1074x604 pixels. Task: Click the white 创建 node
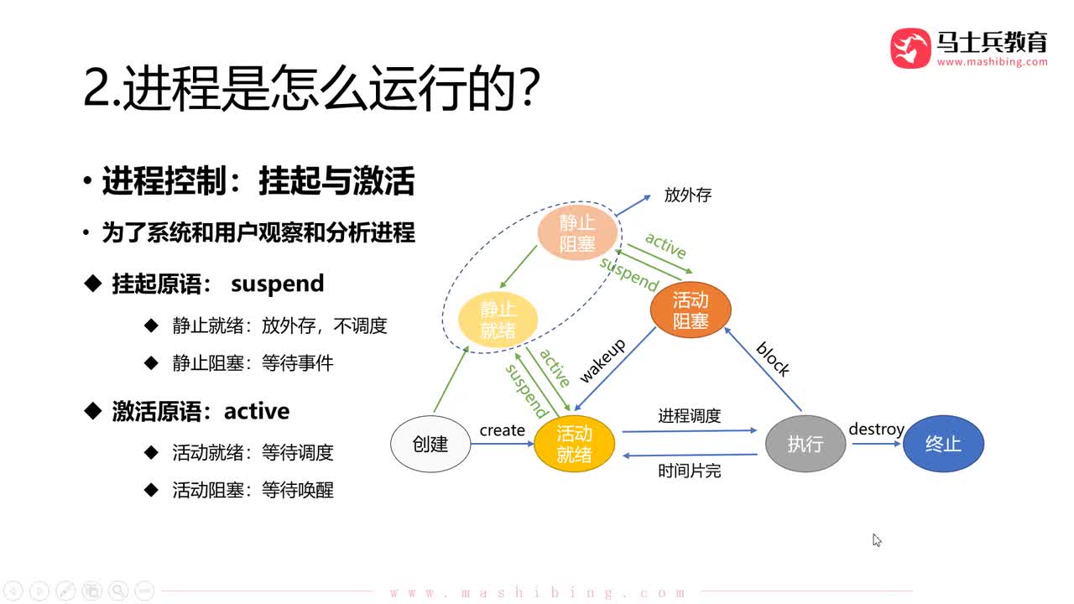pyautogui.click(x=430, y=444)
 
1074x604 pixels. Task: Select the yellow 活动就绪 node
pyautogui.click(x=575, y=444)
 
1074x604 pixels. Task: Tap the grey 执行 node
pyautogui.click(x=805, y=444)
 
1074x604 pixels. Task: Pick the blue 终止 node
pyautogui.click(x=943, y=444)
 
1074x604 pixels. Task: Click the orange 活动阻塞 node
pyautogui.click(x=691, y=310)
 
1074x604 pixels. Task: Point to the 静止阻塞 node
pyautogui.click(x=577, y=233)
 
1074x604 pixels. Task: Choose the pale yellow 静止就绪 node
pyautogui.click(x=498, y=320)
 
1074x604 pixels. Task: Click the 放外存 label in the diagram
pyautogui.click(x=687, y=195)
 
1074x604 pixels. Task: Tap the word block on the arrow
pyautogui.click(x=773, y=359)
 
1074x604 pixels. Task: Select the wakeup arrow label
pyautogui.click(x=602, y=362)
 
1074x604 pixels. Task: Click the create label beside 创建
pyautogui.click(x=502, y=430)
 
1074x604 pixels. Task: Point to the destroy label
pyautogui.click(x=876, y=430)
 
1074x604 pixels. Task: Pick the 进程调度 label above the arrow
pyautogui.click(x=689, y=415)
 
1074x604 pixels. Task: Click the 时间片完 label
pyautogui.click(x=689, y=471)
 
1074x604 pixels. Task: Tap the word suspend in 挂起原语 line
pyautogui.click(x=277, y=284)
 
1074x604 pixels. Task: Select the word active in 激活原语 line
pyautogui.click(x=257, y=411)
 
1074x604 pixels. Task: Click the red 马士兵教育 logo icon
pyautogui.click(x=910, y=48)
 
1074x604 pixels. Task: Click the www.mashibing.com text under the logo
pyautogui.click(x=992, y=62)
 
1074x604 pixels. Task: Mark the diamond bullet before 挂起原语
pyautogui.click(x=93, y=284)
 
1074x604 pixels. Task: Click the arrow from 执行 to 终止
pyautogui.click(x=874, y=444)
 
